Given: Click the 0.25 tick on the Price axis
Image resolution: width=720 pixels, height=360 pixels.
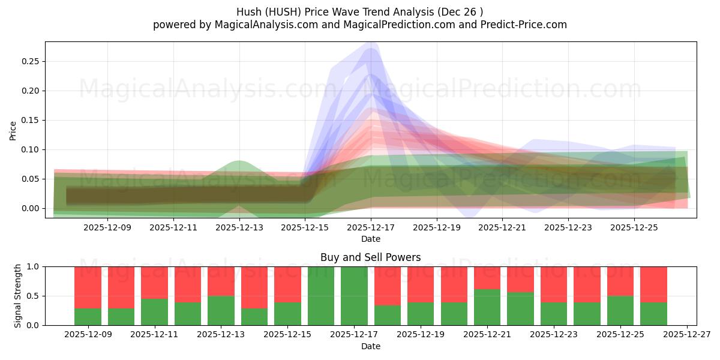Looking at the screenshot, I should point(30,61).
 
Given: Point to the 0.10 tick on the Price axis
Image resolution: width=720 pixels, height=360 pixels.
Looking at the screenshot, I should point(30,149).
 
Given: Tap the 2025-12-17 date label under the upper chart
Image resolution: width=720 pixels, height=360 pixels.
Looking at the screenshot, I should point(371,227).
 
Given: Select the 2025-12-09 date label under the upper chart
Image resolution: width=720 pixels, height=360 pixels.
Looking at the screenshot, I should point(107,227).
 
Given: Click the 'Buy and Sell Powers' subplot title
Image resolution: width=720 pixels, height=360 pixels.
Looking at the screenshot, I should point(370,257).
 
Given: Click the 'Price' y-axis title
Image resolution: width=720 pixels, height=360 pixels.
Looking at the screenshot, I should point(13,130).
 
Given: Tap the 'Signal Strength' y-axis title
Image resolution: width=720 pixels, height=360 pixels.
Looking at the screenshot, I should point(18,296).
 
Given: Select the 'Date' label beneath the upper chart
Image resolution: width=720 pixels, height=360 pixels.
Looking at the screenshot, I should point(370,239).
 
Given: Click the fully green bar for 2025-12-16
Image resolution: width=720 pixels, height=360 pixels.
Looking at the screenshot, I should point(320,296).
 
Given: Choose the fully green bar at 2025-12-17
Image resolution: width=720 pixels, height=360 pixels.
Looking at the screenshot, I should point(354,296).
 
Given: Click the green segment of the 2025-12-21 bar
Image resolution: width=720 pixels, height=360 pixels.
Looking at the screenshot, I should point(487,307).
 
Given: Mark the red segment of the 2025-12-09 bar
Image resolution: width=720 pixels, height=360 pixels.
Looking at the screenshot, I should point(88,287).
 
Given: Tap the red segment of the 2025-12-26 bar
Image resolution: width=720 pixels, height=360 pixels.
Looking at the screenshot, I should point(653,284).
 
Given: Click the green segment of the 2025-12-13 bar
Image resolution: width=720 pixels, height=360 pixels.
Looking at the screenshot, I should point(221,310).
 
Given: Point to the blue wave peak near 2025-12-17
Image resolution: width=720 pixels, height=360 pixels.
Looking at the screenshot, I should point(371,49).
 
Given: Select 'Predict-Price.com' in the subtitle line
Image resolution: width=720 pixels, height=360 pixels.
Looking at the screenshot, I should point(526,25).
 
